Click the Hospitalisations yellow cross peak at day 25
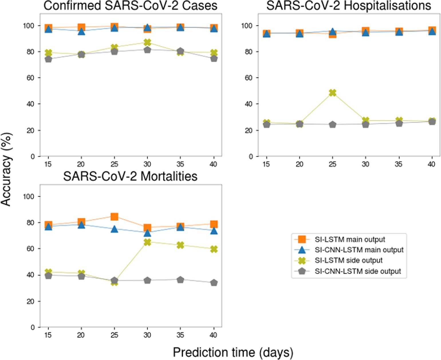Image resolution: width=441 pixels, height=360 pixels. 332,93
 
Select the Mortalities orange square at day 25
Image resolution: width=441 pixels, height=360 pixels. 114,216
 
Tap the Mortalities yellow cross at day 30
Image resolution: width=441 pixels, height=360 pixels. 147,242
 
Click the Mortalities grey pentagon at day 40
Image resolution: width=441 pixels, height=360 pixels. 214,283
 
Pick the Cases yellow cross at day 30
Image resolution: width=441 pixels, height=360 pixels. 147,42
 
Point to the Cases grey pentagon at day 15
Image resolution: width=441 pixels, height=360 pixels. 48,59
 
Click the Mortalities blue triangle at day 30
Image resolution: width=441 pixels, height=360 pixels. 147,232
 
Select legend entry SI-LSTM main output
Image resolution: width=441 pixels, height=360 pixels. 350,239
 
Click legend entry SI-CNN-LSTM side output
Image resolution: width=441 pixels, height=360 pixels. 358,271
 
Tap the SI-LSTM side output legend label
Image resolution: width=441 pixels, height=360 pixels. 349,260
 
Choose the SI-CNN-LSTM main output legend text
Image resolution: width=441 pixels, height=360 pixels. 359,250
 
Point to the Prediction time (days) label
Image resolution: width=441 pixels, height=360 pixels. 233,352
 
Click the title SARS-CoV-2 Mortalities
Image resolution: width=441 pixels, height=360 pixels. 130,176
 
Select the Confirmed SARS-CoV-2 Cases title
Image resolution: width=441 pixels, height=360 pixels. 130,6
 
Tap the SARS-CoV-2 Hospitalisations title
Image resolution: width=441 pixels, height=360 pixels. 349,6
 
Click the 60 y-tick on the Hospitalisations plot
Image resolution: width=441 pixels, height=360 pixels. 249,78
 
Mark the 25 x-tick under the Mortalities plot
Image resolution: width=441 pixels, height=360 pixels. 114,335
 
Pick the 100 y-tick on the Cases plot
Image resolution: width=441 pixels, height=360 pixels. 29,26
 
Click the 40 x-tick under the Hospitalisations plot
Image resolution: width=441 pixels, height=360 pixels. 431,164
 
